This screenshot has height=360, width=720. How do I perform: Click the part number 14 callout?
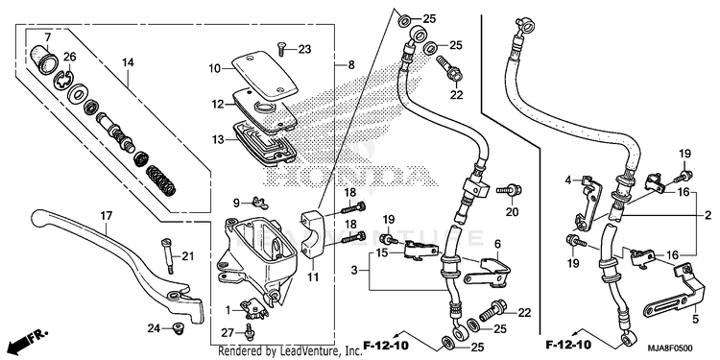coord(128,62)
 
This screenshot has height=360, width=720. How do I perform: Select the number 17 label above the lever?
coord(106,215)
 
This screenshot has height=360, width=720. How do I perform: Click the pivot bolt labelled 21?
coord(168,256)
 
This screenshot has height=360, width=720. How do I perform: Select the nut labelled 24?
coord(176,328)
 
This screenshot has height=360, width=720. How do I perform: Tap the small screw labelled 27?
coord(250,332)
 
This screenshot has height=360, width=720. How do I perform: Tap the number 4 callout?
coord(567,180)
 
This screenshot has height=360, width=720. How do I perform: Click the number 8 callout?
coord(351,65)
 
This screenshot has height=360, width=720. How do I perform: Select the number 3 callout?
coord(353,271)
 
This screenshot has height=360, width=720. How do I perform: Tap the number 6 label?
coord(497,243)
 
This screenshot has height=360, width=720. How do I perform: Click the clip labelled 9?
coord(259,202)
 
